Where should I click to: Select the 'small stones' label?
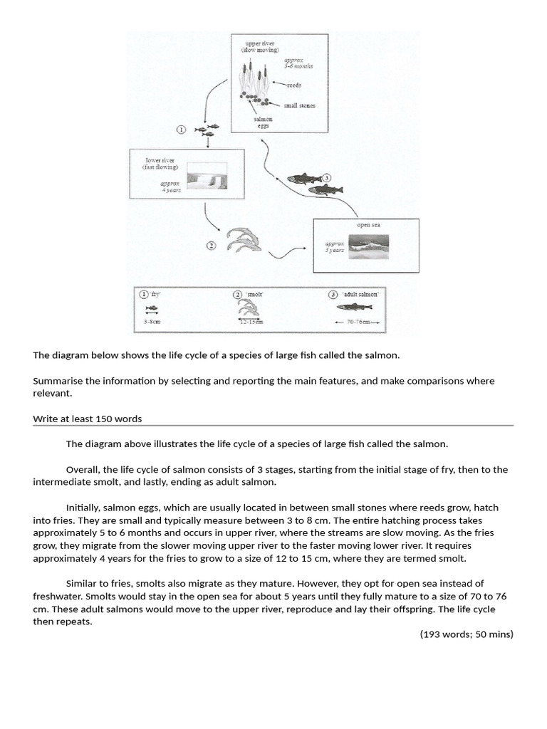[300, 105]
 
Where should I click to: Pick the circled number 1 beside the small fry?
[181, 130]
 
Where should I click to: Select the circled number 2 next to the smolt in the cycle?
[212, 246]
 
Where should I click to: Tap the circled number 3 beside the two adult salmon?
[327, 178]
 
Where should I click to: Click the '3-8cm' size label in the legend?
[152, 321]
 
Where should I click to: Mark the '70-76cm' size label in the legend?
[355, 322]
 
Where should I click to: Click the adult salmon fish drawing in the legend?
[354, 307]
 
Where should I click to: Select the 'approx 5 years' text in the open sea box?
[334, 246]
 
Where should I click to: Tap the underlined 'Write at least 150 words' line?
[91, 419]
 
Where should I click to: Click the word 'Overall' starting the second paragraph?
[83, 469]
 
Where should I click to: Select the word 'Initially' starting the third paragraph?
[83, 508]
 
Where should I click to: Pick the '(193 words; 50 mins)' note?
[466, 634]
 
